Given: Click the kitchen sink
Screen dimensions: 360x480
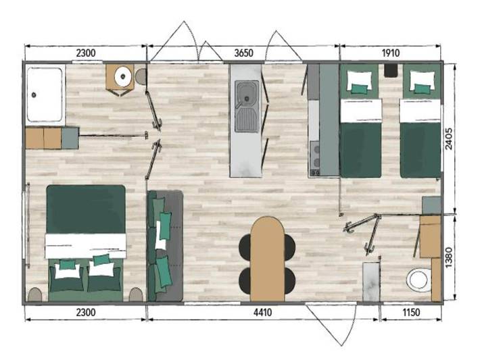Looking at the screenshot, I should point(246,106).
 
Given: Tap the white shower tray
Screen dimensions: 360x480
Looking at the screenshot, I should point(45,95).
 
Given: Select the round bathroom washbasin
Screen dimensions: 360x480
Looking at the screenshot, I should point(122,77).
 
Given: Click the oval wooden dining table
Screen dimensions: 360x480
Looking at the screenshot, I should point(267,259).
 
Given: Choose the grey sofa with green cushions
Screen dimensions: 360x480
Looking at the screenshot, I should point(165,245).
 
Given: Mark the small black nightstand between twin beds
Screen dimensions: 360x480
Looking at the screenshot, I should point(391,70).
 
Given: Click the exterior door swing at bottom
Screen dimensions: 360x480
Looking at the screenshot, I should point(331,324).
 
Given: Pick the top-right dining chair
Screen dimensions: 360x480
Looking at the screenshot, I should point(289,247).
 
